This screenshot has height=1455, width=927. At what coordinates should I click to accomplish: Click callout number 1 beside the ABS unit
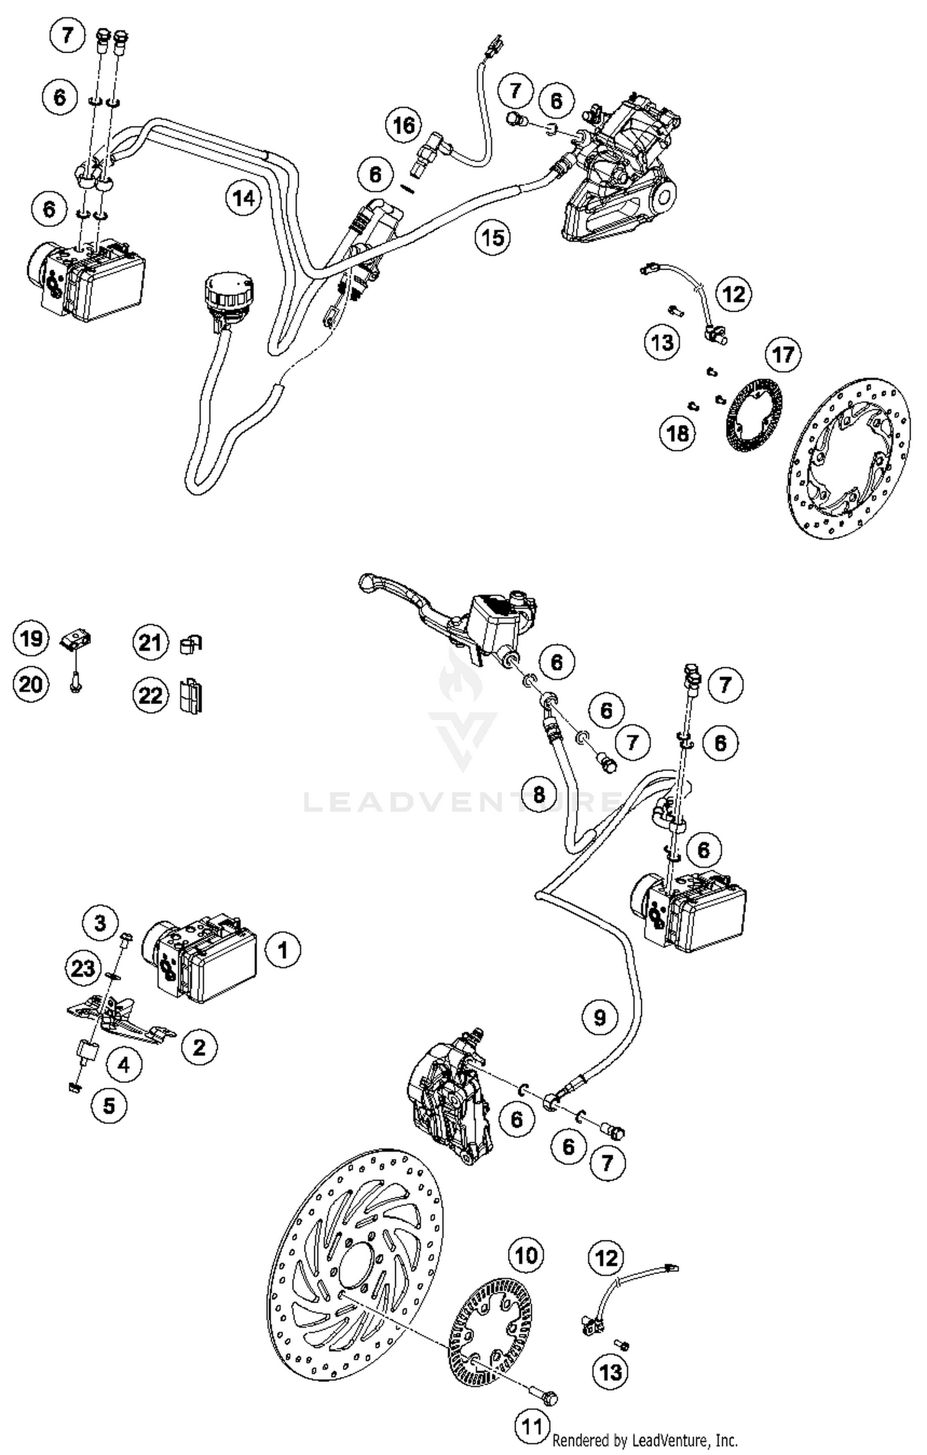click(283, 949)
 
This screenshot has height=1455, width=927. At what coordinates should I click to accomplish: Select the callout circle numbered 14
click(243, 198)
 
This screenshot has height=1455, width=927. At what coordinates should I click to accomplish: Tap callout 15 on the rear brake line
click(493, 237)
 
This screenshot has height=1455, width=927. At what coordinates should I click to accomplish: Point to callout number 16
click(404, 126)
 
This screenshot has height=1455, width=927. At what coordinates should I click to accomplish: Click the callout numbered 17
click(783, 355)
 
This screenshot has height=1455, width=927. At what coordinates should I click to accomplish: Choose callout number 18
click(677, 433)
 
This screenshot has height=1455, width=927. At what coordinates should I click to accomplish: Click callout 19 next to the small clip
click(31, 638)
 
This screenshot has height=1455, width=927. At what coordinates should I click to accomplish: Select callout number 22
click(150, 695)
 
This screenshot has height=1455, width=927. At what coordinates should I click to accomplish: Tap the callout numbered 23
click(83, 968)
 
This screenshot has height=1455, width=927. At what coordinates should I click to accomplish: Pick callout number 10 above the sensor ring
click(526, 1255)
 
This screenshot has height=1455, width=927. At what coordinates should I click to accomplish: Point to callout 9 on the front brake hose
click(599, 1017)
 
